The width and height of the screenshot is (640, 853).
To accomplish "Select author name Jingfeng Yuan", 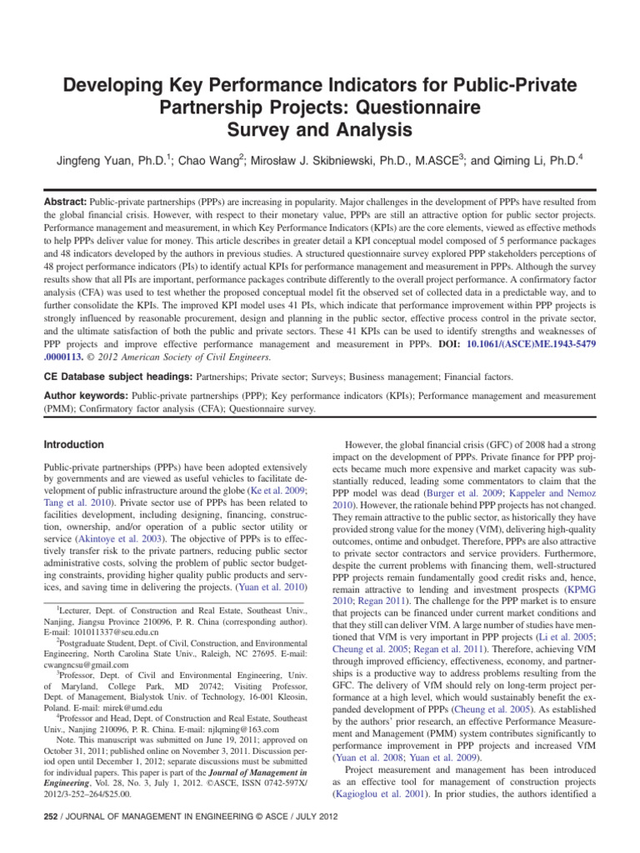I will tap(114, 157).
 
